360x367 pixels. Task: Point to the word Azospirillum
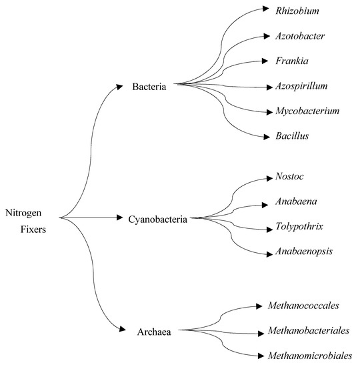[x=301, y=86]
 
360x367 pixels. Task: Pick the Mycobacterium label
[x=307, y=111]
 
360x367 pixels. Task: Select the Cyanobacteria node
[x=157, y=218]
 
